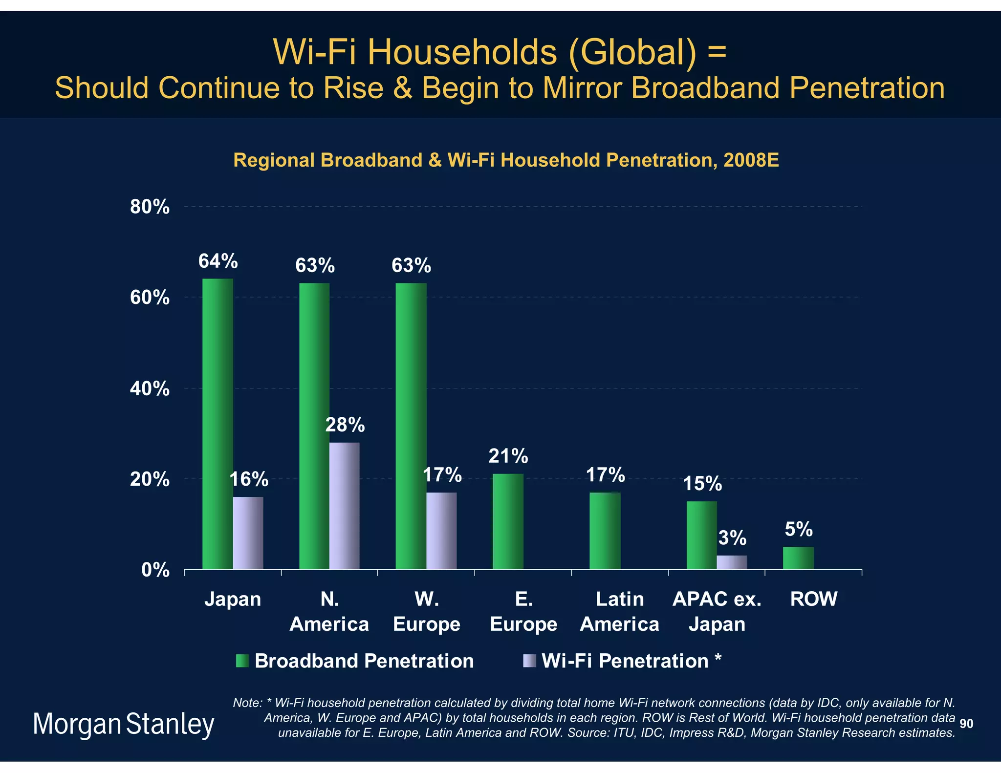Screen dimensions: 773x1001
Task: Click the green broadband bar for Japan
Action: pyautogui.click(x=218, y=424)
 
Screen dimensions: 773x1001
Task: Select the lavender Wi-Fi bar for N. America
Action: pyautogui.click(x=344, y=506)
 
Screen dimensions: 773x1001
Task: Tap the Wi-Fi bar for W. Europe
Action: pyautogui.click(x=441, y=531)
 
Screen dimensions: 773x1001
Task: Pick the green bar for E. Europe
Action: pyautogui.click(x=508, y=521)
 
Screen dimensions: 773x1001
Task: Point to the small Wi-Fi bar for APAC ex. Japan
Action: pyautogui.click(x=732, y=562)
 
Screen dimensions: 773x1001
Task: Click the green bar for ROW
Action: pyautogui.click(x=798, y=558)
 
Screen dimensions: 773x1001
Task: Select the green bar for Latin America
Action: pyautogui.click(x=605, y=531)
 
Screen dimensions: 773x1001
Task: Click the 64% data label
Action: pyautogui.click(x=218, y=261)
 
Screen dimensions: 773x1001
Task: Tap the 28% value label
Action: pyautogui.click(x=345, y=425)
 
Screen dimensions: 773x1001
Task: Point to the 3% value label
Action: pyautogui.click(x=732, y=538)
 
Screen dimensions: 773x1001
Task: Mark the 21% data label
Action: pyautogui.click(x=508, y=456)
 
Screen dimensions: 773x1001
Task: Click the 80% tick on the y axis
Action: pyautogui.click(x=150, y=207)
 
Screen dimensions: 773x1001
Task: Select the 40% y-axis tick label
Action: pyautogui.click(x=150, y=389)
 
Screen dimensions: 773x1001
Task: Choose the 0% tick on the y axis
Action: pyautogui.click(x=155, y=570)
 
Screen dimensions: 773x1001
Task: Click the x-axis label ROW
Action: pyautogui.click(x=814, y=599)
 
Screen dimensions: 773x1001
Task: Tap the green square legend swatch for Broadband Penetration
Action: pyautogui.click(x=242, y=661)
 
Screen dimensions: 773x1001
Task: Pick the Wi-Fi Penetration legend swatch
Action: pyautogui.click(x=529, y=661)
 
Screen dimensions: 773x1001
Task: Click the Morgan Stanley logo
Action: pyautogui.click(x=124, y=724)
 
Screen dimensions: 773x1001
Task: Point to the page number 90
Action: pyautogui.click(x=966, y=724)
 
